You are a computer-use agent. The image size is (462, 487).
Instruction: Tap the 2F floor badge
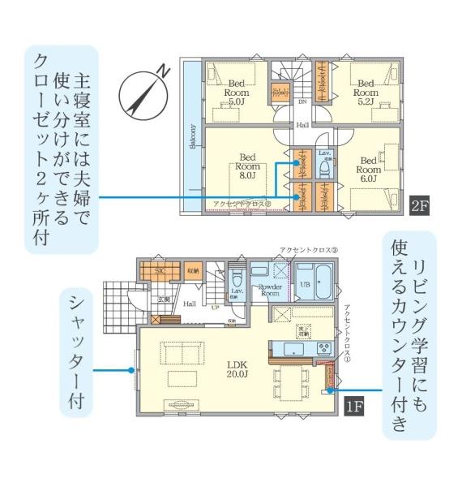coord(419,205)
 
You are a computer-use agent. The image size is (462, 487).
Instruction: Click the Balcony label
coord(193,138)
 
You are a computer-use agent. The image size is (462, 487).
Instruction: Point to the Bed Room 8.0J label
coord(247,165)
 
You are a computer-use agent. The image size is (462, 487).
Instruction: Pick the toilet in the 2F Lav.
coord(325,168)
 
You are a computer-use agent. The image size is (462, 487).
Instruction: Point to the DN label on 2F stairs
coord(302,103)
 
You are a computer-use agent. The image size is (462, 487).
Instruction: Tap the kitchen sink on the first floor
coord(293,350)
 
